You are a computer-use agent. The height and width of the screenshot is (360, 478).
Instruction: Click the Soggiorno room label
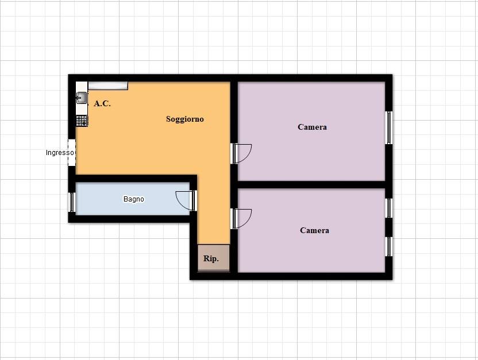pyautogui.click(x=185, y=119)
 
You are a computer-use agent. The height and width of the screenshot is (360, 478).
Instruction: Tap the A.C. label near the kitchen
pyautogui.click(x=102, y=103)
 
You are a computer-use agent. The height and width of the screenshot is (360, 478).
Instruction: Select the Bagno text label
pyautogui.click(x=133, y=199)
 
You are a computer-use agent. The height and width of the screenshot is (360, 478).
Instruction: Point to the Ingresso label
pyautogui.click(x=60, y=153)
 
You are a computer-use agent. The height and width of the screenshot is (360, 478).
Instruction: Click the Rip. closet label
pyautogui.click(x=211, y=258)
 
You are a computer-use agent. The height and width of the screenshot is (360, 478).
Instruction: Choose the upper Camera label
pyautogui.click(x=312, y=127)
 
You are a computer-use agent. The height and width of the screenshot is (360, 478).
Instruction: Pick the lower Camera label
pyautogui.click(x=314, y=230)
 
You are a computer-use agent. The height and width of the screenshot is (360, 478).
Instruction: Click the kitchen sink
pyautogui.click(x=82, y=98)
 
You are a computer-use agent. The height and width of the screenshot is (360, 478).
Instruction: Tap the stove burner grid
pyautogui.click(x=82, y=121)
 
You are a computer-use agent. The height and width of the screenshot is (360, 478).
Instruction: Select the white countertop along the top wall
pyautogui.click(x=108, y=86)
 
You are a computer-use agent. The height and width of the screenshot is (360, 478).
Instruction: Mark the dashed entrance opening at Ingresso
pyautogui.click(x=72, y=153)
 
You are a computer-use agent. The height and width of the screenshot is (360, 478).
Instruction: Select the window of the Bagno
pyautogui.click(x=72, y=202)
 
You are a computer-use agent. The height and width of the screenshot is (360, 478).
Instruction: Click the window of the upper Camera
pyautogui.click(x=389, y=127)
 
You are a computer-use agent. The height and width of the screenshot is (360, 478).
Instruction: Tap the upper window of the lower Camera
pyautogui.click(x=389, y=208)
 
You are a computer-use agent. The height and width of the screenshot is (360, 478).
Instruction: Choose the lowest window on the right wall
pyautogui.click(x=389, y=247)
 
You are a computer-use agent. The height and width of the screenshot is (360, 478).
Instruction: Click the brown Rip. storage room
pyautogui.click(x=213, y=258)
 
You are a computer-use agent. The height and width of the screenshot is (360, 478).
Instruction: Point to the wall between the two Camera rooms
pyautogui.click(x=311, y=185)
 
